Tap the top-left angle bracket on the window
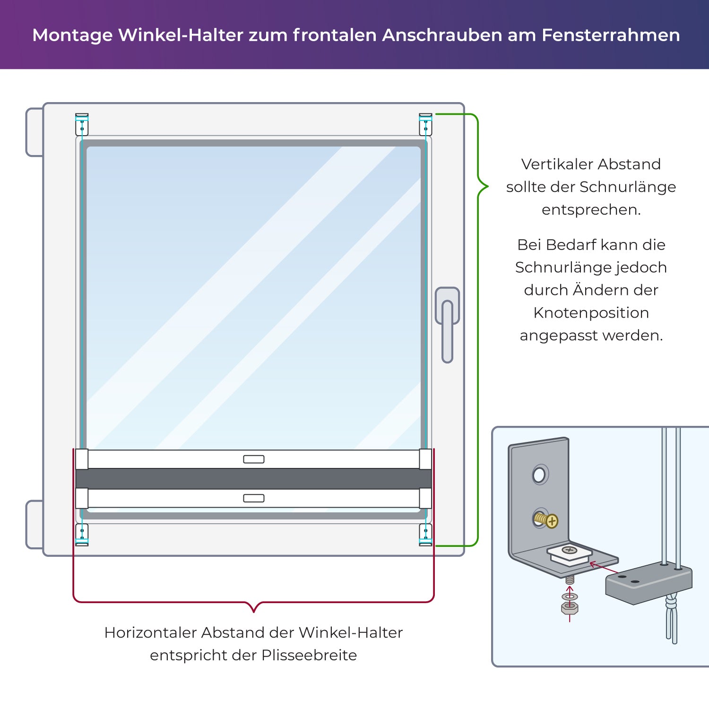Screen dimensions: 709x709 coord(82,124)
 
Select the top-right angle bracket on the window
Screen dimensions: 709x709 coord(425,124)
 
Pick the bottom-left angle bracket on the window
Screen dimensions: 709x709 coord(82,535)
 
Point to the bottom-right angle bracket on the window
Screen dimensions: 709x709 coord(425,535)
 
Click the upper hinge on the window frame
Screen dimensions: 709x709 coord(35,132)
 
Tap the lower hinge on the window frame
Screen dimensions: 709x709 coord(35,525)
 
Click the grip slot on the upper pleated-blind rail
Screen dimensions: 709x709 coord(254,459)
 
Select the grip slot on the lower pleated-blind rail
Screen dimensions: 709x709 coord(254,498)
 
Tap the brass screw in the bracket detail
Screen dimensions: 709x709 coord(547,520)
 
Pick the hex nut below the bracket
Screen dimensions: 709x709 coord(570,608)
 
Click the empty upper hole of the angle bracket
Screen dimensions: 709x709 coord(539,475)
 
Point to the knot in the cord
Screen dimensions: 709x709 coord(671,603)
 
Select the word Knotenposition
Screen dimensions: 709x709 coord(591,312)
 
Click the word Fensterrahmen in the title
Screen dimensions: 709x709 coord(611,35)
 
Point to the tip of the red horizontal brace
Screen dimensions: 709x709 coord(254,612)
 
